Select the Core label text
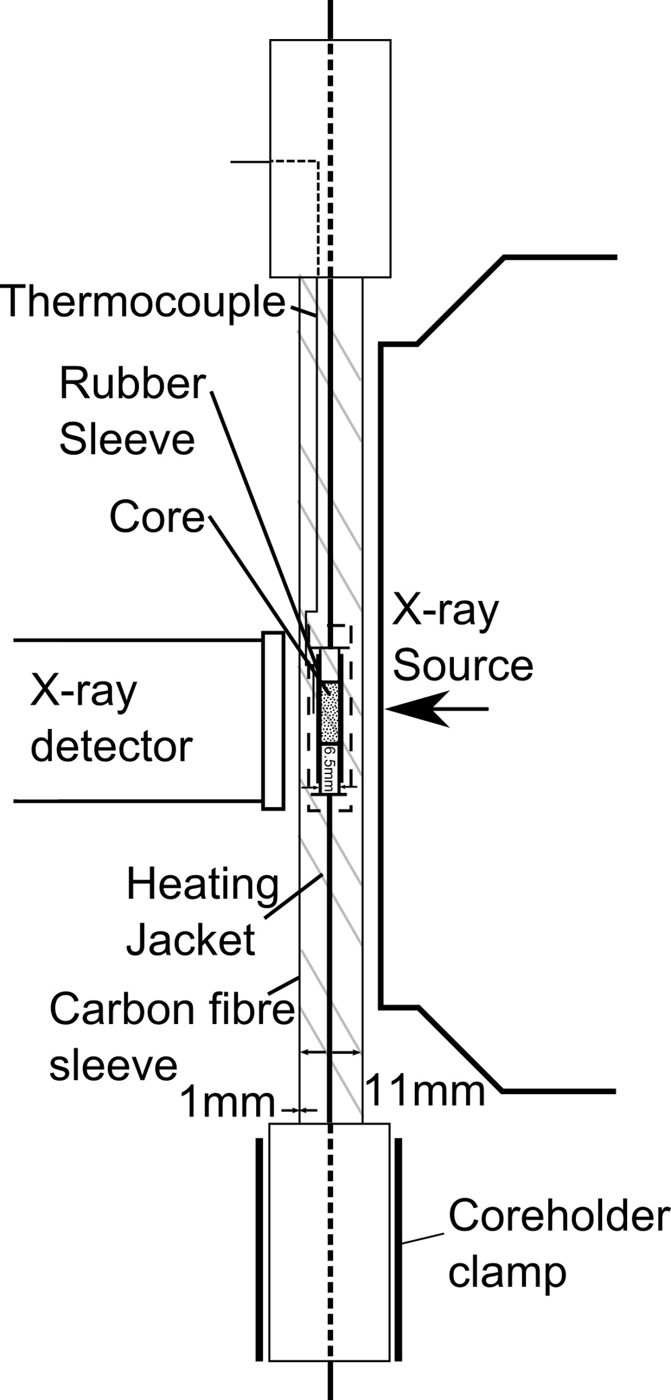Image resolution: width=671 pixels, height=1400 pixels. point(157,517)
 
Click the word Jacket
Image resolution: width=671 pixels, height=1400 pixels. point(190,939)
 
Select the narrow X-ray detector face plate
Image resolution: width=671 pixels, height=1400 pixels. point(273,720)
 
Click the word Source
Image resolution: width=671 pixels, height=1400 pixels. point(462,665)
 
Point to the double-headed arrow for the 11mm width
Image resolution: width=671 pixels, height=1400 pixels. point(331,1052)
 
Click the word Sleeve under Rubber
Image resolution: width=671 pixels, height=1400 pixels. point(127,439)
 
